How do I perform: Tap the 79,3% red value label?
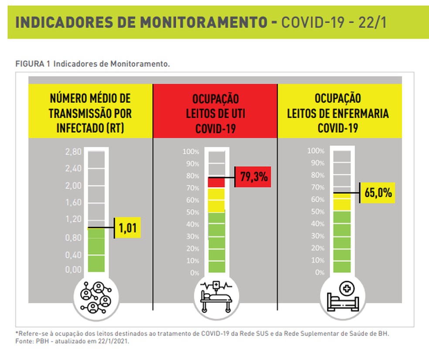[253, 178]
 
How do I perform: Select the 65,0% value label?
[378, 192]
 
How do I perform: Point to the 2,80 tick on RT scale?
[74, 152]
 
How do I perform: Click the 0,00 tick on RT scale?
[74, 270]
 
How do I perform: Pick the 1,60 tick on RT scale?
[74, 202]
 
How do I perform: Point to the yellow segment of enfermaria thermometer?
[342, 202]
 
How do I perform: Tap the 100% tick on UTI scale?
[191, 152]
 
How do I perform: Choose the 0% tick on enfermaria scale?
[320, 272]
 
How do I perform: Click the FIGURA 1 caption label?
[34, 64]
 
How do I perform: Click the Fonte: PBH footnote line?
[72, 342]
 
